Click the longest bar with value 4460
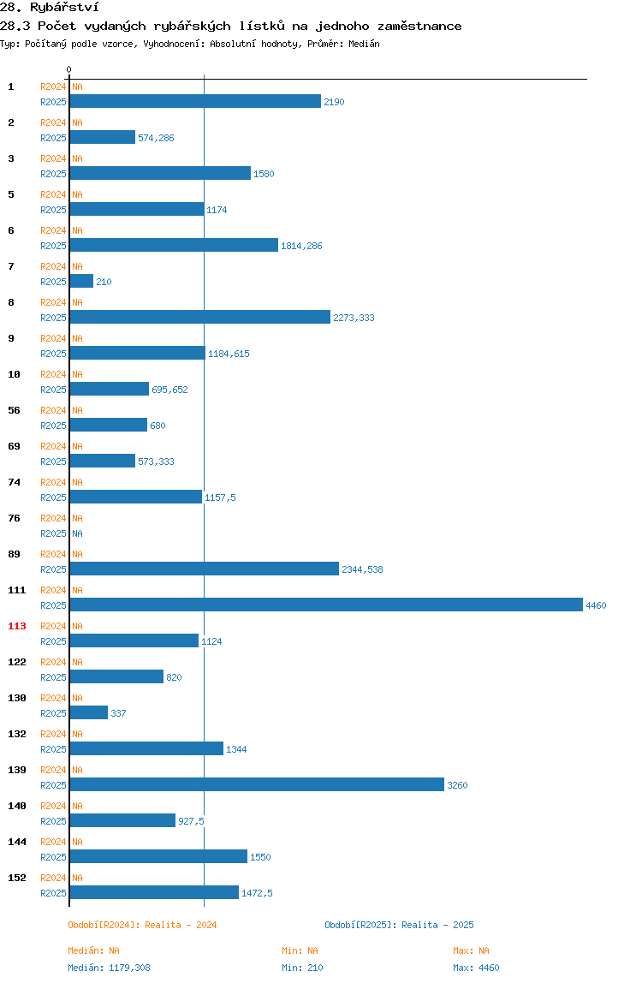pos(326,605)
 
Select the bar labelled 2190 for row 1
pos(195,102)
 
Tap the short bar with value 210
pos(81,282)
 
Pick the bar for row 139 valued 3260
pos(257,785)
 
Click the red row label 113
pos(17,626)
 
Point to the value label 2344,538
pos(362,569)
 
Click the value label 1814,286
pos(301,246)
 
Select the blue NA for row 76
pos(77,533)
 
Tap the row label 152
pos(17,878)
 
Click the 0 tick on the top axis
pos(69,69)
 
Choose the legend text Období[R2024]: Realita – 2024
pos(142,925)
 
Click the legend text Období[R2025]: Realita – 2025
pos(400,925)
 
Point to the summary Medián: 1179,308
pos(109,968)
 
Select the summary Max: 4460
pos(477,968)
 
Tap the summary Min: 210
pos(302,968)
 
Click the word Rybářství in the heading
pos(64,8)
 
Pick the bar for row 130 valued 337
pos(88,712)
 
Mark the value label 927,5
pos(191,821)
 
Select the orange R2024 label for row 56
pos(53,410)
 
